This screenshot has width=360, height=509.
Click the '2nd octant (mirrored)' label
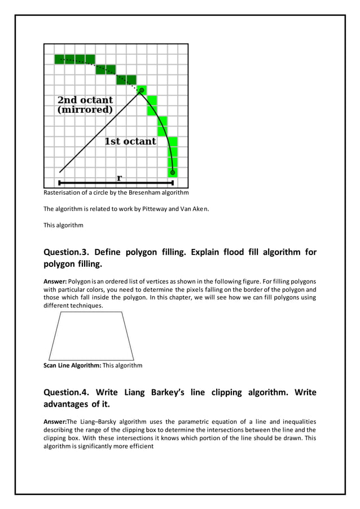pyautogui.click(x=85, y=105)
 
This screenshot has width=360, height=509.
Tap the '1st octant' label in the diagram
pyautogui.click(x=130, y=141)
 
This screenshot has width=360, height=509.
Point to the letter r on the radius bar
pyautogui.click(x=119, y=178)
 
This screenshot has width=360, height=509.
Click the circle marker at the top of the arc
pyautogui.click(x=142, y=90)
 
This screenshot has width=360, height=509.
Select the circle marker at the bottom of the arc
pyautogui.click(x=173, y=172)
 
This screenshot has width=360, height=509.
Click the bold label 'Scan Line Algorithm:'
pyautogui.click(x=72, y=365)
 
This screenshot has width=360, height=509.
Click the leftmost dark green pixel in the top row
pyautogui.click(x=60, y=59)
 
